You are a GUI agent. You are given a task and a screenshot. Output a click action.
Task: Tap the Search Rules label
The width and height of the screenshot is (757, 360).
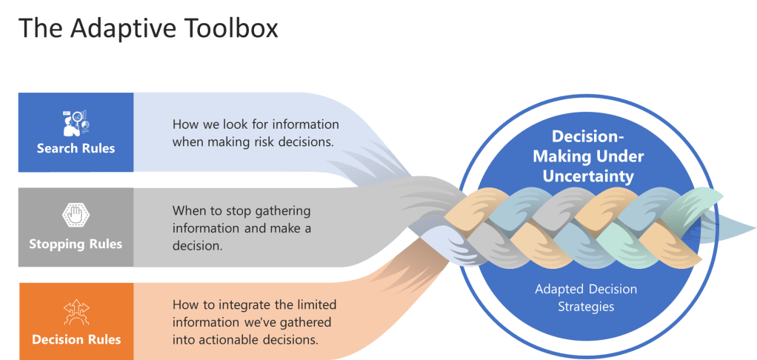tap(76, 148)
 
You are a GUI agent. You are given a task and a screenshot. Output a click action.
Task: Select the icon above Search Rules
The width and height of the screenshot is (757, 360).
tap(76, 122)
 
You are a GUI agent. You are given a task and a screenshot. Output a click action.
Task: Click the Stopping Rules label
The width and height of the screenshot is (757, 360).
tap(76, 244)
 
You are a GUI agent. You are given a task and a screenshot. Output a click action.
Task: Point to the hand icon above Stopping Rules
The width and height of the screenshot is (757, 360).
tap(76, 217)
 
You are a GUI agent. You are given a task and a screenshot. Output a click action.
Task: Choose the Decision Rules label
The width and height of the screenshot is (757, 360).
tap(76, 339)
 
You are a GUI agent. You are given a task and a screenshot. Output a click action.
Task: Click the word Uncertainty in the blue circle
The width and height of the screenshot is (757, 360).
tap(589, 176)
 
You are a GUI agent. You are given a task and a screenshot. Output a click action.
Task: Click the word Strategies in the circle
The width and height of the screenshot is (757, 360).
tap(586, 306)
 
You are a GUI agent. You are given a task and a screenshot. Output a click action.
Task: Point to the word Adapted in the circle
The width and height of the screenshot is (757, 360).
tap(560, 289)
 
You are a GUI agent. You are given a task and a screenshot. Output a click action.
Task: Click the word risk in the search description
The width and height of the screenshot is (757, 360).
tap(255, 141)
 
